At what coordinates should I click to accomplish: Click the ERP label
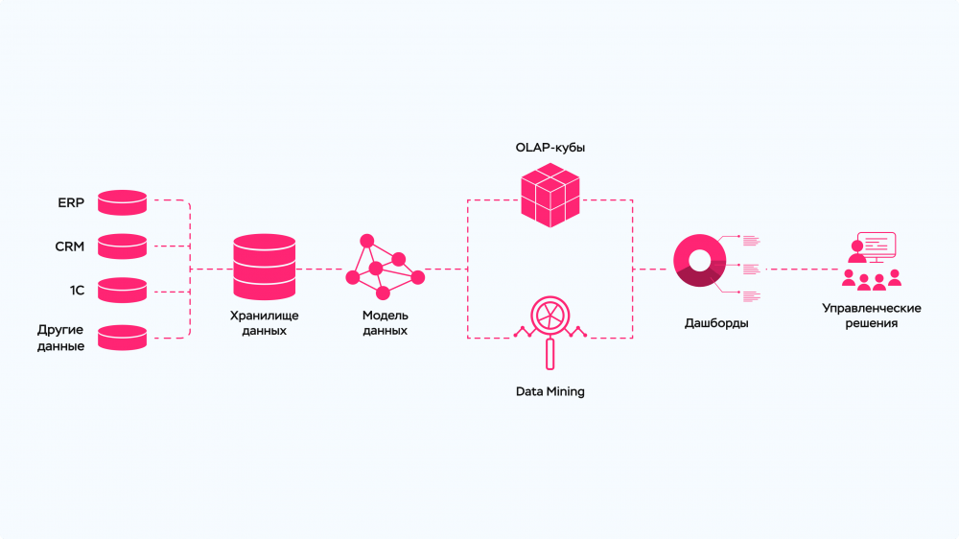[71, 202]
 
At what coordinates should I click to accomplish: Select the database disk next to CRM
[122, 246]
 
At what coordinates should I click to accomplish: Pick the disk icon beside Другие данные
[122, 337]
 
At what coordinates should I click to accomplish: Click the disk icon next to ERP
[122, 202]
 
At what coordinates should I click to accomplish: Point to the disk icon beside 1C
[122, 290]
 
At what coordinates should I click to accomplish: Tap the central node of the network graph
[376, 268]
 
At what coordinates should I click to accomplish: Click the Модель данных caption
[385, 323]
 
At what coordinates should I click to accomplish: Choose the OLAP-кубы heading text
[550, 150]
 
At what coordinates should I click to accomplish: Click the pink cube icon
[550, 196]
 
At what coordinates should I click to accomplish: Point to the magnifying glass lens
[550, 316]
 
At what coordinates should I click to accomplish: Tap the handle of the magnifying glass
[550, 355]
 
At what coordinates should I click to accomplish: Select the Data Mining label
[550, 391]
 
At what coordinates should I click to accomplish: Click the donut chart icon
[697, 261]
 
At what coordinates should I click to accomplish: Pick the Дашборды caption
[716, 323]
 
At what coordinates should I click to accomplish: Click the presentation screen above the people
[877, 246]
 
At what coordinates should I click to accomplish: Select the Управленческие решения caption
[872, 316]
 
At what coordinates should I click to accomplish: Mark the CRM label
[70, 246]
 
